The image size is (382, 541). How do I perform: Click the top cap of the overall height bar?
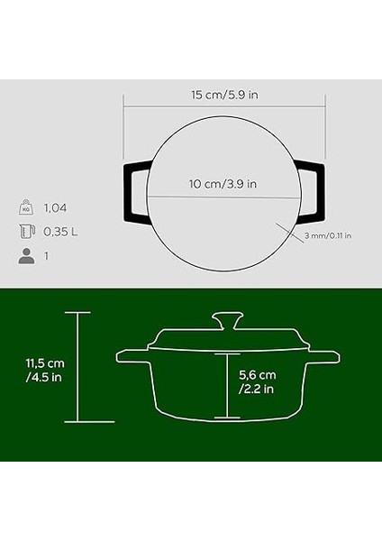(77, 312)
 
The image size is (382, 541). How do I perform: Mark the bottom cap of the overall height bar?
(77, 422)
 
